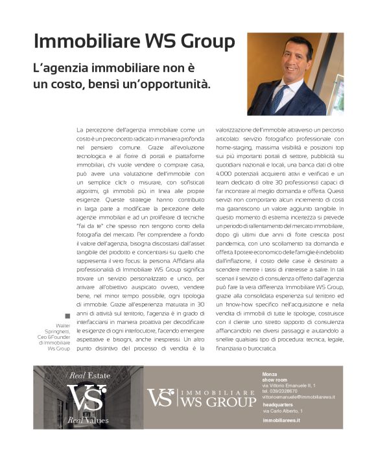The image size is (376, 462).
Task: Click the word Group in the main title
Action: [203, 41]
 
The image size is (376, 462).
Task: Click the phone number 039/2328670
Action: [280, 391]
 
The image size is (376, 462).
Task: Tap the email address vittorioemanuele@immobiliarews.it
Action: [298, 397]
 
